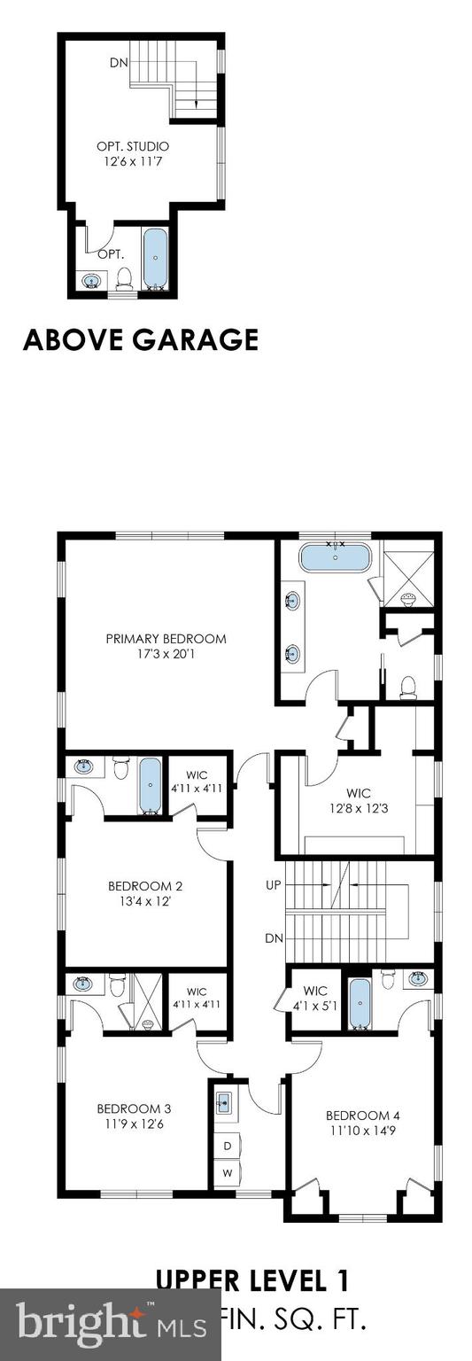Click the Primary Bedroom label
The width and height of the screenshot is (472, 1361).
(166, 638)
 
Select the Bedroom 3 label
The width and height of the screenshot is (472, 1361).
(134, 1108)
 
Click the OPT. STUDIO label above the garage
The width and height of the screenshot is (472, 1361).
(133, 145)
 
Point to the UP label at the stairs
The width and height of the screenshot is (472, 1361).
(273, 884)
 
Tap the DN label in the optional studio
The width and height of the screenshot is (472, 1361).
(119, 63)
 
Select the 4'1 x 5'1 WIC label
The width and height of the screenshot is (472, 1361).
(315, 998)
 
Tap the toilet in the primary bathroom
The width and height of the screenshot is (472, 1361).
(407, 687)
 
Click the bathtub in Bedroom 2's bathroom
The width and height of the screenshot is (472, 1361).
(151, 784)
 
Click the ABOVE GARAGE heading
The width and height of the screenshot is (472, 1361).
(141, 339)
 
